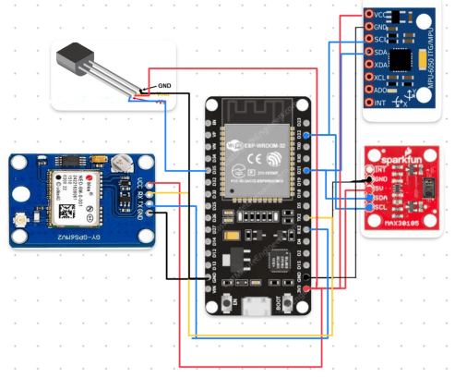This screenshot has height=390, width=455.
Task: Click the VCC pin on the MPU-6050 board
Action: pos(369,16)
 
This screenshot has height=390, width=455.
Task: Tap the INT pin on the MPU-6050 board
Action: pos(369,103)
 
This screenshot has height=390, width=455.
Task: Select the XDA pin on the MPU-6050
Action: pos(369,65)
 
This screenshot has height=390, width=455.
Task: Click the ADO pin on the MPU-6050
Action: pos(369,90)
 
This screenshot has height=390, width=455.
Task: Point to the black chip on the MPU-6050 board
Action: pos(403,59)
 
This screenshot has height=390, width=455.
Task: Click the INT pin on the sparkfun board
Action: pos(369,169)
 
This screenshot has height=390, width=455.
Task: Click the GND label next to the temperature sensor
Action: pos(164,86)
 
